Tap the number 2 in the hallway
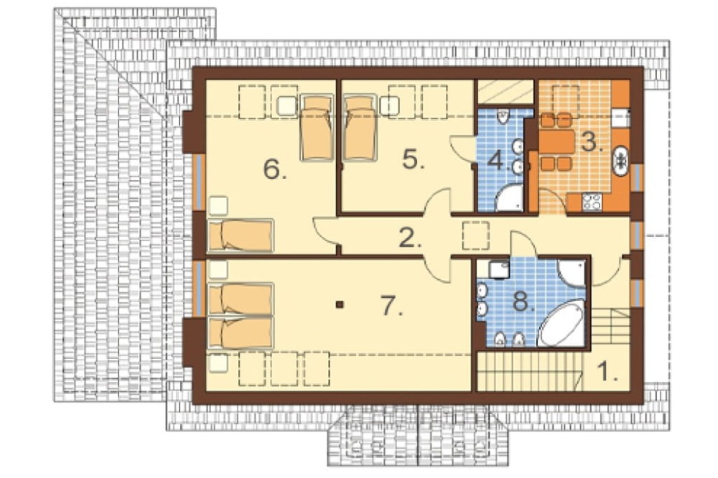[x=410, y=237]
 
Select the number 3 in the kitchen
[x=591, y=141]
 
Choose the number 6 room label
[x=275, y=170]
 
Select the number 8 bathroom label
[x=523, y=302]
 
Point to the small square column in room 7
[x=340, y=304]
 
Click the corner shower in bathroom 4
[x=509, y=197]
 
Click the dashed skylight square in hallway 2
[x=475, y=235]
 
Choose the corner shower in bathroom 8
[x=571, y=273]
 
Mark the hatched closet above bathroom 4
[x=505, y=92]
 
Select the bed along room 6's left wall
[x=241, y=236]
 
